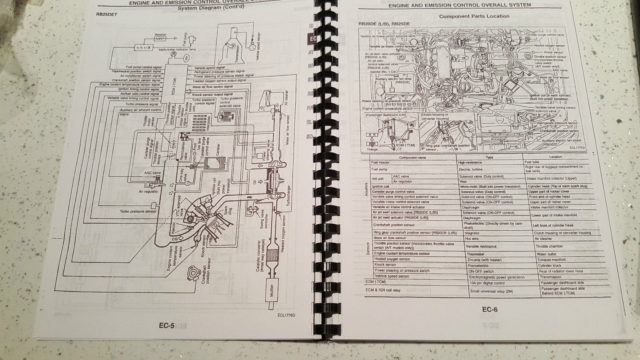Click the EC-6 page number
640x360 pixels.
[490, 309]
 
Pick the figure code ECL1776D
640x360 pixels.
[286, 314]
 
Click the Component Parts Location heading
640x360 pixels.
[474, 16]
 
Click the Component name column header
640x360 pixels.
[412, 157]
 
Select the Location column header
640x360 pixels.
[555, 157]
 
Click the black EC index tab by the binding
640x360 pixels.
[312, 39]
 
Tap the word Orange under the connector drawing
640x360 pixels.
[372, 150]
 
